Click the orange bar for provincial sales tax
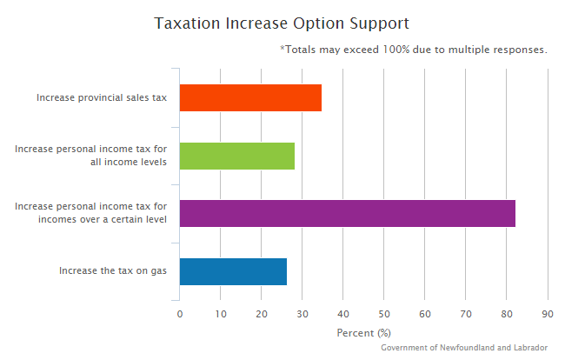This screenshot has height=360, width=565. (x=250, y=97)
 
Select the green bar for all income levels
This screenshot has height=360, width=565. (x=237, y=156)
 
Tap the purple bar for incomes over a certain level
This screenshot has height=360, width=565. (x=347, y=213)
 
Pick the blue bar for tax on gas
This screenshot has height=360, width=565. (x=233, y=271)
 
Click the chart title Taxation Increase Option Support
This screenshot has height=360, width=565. (x=282, y=23)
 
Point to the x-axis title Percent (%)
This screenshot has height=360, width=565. (x=363, y=332)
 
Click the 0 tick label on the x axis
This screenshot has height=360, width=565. (x=180, y=314)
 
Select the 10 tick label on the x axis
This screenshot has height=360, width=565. (x=221, y=314)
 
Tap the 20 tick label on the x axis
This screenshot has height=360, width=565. (x=262, y=314)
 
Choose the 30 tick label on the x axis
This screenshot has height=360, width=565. (x=302, y=314)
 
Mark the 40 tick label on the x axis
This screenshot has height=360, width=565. (x=343, y=314)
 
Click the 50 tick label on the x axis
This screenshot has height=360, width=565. (x=384, y=314)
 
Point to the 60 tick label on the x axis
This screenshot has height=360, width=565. (x=425, y=314)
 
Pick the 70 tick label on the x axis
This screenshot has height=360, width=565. (x=466, y=314)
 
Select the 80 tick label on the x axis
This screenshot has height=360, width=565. (x=507, y=314)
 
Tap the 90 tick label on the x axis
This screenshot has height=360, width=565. (x=548, y=314)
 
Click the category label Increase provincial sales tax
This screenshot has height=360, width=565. (x=102, y=97)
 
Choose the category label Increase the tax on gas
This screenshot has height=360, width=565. (x=113, y=270)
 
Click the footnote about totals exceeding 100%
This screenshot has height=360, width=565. (x=414, y=50)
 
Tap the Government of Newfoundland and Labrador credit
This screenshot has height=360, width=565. (x=464, y=347)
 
